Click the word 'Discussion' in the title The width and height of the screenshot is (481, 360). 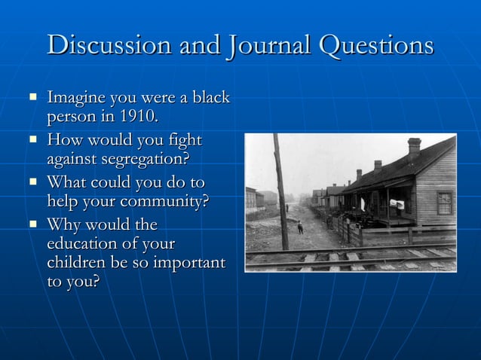(x=109, y=46)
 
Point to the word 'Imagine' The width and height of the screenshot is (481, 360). (x=77, y=98)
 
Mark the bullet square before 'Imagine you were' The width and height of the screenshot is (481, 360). (x=32, y=97)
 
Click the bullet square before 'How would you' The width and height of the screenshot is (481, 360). (x=32, y=139)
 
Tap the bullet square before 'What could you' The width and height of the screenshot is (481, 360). (x=32, y=182)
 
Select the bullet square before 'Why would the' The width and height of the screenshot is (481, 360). (x=32, y=224)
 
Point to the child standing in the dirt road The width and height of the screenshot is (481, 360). (x=300, y=227)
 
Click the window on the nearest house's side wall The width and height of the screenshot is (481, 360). (x=445, y=202)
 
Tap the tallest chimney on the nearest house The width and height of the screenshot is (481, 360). (x=414, y=147)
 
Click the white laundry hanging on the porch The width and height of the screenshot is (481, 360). (x=397, y=204)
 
